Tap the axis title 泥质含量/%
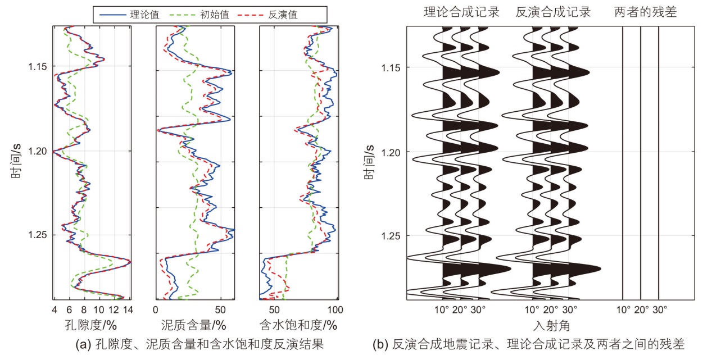pos(194,325)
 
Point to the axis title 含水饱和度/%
pos(298,325)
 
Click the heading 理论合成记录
pos(461,12)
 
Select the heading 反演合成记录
pos(553,12)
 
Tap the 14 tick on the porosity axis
pos(128,309)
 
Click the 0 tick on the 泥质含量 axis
pos(156,309)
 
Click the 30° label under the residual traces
pos(659,309)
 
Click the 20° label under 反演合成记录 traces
pos(551,309)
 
